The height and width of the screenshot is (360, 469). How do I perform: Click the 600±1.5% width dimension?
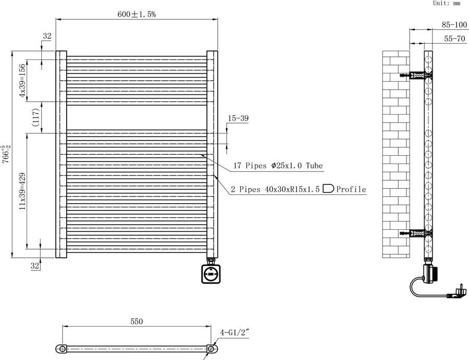[136, 15]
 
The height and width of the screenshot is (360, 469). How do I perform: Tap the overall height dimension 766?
[5, 154]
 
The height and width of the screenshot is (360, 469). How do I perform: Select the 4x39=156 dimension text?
[22, 81]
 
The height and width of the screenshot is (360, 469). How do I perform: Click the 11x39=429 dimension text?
[22, 191]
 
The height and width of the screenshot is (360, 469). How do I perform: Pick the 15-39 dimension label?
[238, 119]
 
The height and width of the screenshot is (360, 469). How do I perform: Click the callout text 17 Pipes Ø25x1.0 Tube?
[277, 166]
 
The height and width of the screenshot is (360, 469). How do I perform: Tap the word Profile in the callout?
[351, 189]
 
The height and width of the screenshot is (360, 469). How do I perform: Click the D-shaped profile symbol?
[328, 189]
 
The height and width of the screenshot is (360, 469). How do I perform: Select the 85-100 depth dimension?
[453, 24]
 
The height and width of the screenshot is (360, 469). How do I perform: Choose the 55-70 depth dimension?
[453, 39]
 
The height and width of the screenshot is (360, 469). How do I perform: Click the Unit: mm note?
[447, 3]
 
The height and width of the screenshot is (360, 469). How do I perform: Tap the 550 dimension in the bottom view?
[137, 322]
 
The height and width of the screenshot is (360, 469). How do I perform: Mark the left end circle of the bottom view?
[62, 349]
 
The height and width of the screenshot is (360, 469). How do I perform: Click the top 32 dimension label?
[47, 36]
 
